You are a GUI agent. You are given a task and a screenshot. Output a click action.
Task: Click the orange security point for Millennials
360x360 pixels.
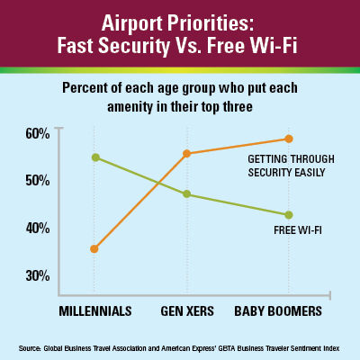[x=94, y=248]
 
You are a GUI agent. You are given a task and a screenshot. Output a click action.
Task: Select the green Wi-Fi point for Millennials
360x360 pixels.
[x=95, y=157]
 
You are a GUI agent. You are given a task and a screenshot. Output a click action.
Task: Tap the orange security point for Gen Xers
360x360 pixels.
[x=186, y=154]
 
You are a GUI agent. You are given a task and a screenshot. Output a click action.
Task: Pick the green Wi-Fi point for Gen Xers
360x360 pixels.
[x=186, y=193]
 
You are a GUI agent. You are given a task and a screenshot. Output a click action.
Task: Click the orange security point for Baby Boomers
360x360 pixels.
[x=289, y=139]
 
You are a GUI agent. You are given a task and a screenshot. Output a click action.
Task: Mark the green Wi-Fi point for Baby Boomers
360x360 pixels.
[x=289, y=215]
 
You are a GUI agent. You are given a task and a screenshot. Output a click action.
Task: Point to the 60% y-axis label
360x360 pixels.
[x=38, y=133]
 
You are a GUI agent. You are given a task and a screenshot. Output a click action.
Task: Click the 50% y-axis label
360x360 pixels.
[x=38, y=181]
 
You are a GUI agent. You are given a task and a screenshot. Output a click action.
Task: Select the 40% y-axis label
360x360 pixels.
[x=38, y=229]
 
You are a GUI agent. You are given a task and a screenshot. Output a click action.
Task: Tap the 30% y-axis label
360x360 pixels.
[x=38, y=275]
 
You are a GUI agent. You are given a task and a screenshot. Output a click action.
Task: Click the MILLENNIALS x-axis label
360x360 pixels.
[x=95, y=311]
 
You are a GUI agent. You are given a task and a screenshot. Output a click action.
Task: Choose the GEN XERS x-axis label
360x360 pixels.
[x=187, y=311]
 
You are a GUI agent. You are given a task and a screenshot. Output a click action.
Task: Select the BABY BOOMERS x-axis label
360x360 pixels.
[x=278, y=311]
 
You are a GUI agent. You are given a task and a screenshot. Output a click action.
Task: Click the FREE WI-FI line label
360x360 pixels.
[x=298, y=230]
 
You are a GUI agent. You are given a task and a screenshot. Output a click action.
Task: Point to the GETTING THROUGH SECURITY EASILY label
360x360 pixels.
[x=291, y=166]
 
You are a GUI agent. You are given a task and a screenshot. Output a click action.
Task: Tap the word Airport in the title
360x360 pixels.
[x=132, y=23]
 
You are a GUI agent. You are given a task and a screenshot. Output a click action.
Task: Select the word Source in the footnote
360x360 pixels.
[x=30, y=348]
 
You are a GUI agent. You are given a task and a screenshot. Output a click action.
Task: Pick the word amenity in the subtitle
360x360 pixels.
[x=130, y=106]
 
